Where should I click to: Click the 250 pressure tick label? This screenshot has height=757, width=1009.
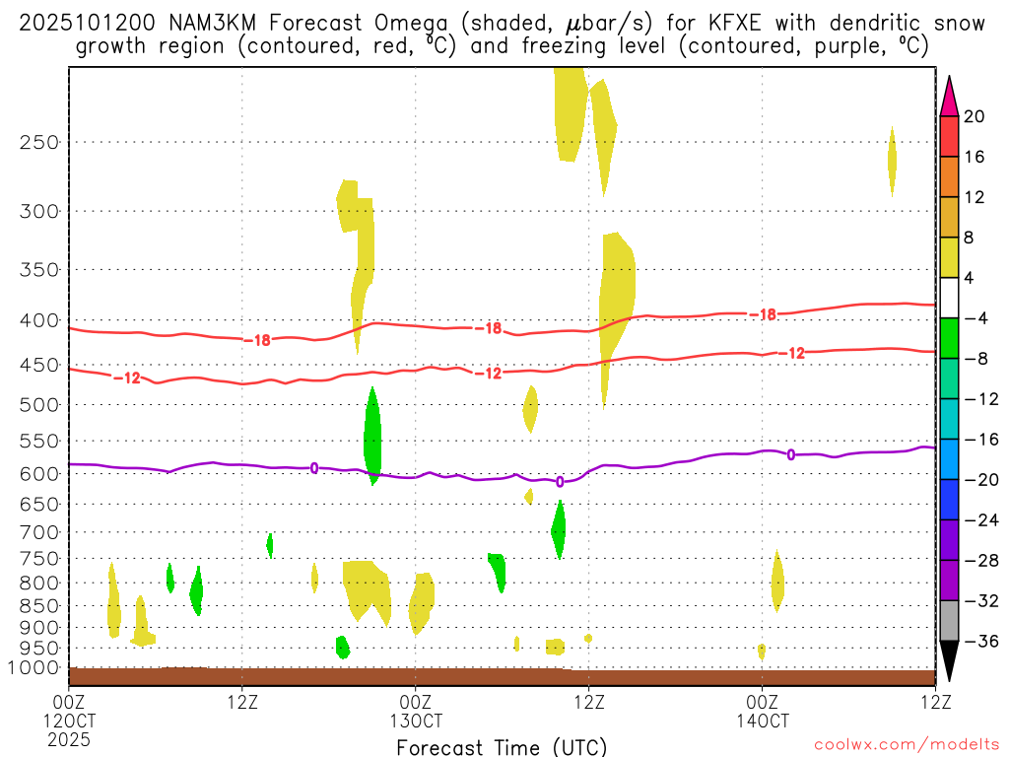tap(38, 142)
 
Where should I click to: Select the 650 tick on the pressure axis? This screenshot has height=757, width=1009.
tap(38, 504)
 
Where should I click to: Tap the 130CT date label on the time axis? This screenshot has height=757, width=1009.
tap(415, 721)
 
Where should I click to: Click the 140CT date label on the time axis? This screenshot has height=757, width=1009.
tap(762, 721)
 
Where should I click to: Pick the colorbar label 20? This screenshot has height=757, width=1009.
tap(974, 116)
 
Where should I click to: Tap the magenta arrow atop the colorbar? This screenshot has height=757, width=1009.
tap(949, 96)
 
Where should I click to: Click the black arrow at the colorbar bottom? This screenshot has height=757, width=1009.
tap(949, 660)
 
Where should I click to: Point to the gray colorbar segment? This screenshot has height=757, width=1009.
tap(949, 620)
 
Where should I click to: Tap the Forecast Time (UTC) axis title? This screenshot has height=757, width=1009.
tap(502, 746)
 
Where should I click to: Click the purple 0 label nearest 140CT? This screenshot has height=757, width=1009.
tap(791, 454)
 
